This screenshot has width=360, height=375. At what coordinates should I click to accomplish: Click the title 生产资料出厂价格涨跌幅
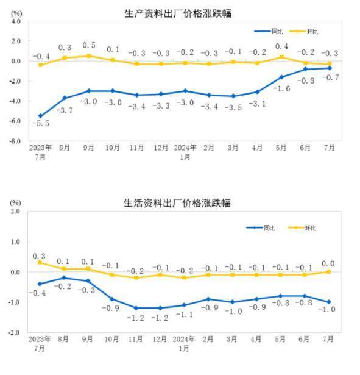178,13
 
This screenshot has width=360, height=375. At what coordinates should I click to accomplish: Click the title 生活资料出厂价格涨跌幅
178,203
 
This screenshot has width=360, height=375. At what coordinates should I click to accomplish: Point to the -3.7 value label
65,110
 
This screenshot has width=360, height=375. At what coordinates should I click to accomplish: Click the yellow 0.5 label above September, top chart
89,45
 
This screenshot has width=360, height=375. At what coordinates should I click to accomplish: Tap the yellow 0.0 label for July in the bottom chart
328,263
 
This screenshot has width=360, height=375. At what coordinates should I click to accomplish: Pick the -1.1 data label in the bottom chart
185,315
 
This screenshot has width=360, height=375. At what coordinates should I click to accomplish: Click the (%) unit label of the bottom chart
15,202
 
